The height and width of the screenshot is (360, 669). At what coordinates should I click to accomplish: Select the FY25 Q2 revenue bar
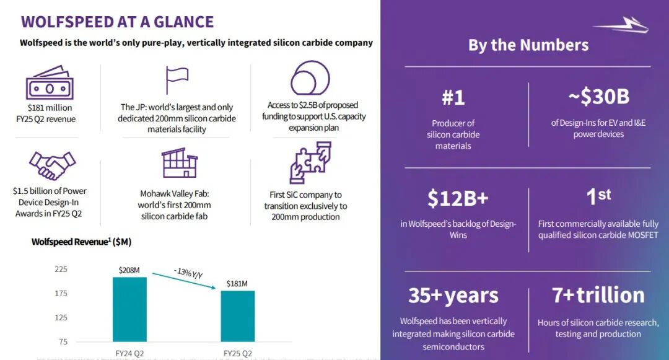(x=237, y=316)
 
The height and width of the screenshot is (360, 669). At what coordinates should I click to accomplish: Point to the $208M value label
(x=129, y=270)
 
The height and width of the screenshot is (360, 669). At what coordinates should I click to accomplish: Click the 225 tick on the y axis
(x=61, y=270)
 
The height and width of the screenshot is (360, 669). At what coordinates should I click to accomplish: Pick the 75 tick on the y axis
(x=63, y=341)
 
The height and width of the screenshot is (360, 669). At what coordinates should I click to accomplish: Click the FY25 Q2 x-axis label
(x=237, y=354)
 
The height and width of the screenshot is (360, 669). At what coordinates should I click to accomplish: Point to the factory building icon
(x=179, y=164)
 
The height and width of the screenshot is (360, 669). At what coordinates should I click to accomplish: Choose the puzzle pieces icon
(x=310, y=163)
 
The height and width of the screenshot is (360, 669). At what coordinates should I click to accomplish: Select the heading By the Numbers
(x=528, y=45)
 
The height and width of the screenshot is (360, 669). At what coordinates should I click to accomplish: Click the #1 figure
(x=453, y=97)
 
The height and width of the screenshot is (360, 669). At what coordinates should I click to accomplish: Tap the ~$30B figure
(x=598, y=97)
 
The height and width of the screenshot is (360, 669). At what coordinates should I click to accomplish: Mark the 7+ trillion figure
(x=598, y=295)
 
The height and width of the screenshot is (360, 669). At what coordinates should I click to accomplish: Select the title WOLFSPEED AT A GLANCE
(x=117, y=22)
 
